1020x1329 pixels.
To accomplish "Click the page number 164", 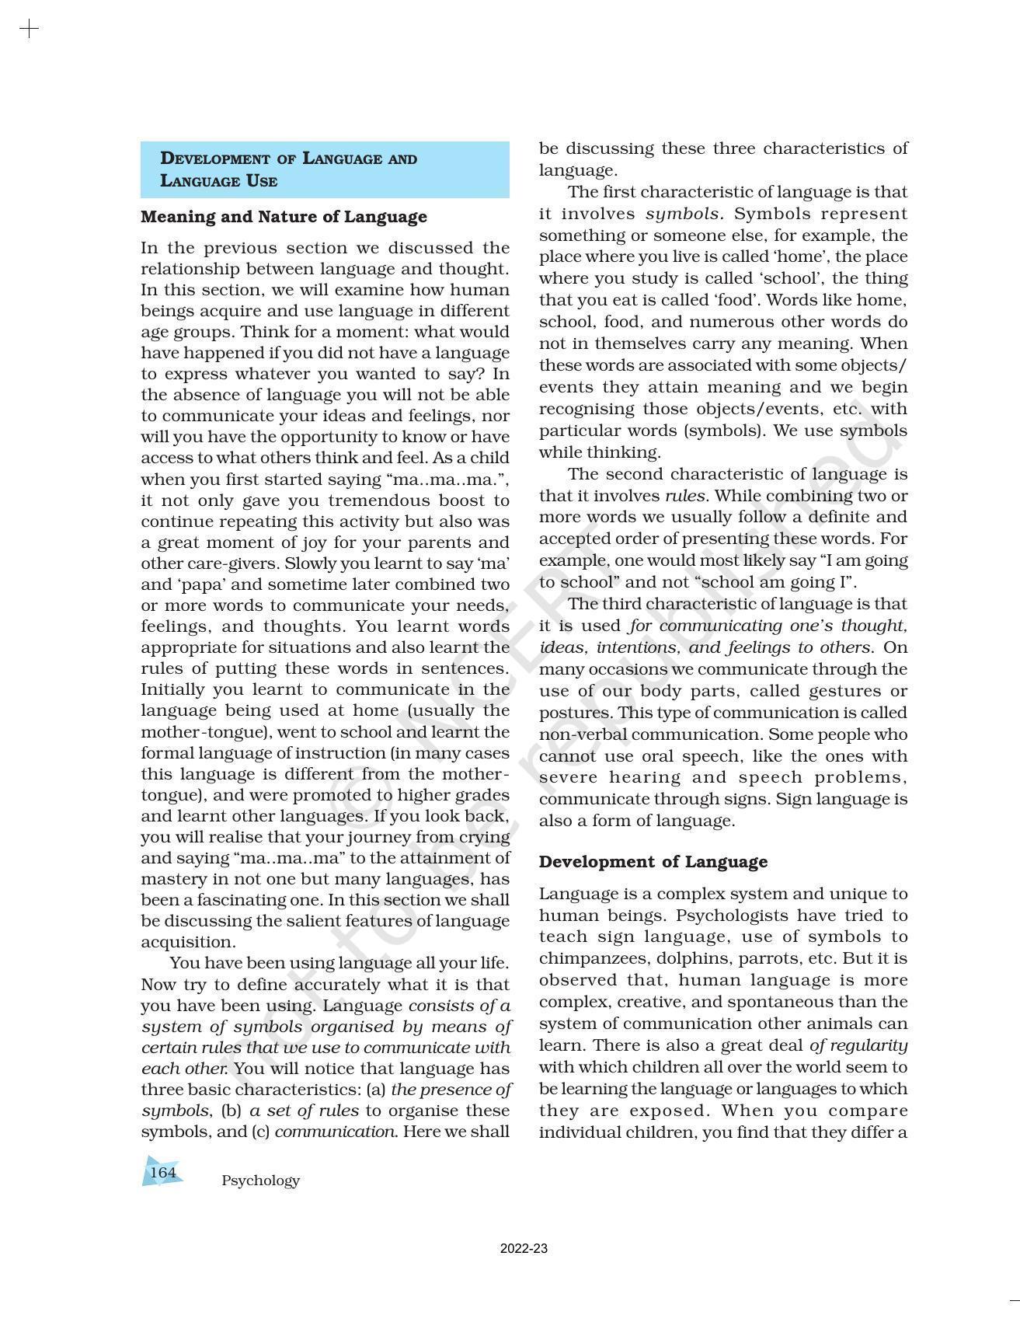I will pos(163,1172).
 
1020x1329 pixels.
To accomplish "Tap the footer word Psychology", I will pos(260,1181).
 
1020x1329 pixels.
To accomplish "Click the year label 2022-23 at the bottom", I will pos(524,1249).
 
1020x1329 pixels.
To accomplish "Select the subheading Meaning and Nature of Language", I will pos(284,217).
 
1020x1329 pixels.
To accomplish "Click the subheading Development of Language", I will pos(653,862).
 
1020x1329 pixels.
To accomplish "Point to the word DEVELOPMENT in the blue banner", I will pos(215,159).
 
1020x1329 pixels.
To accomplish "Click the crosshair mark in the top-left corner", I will pos(29,30).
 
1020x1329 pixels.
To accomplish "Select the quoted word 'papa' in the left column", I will pos(197,585).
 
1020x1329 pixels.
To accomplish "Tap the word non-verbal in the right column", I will pos(576,734).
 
